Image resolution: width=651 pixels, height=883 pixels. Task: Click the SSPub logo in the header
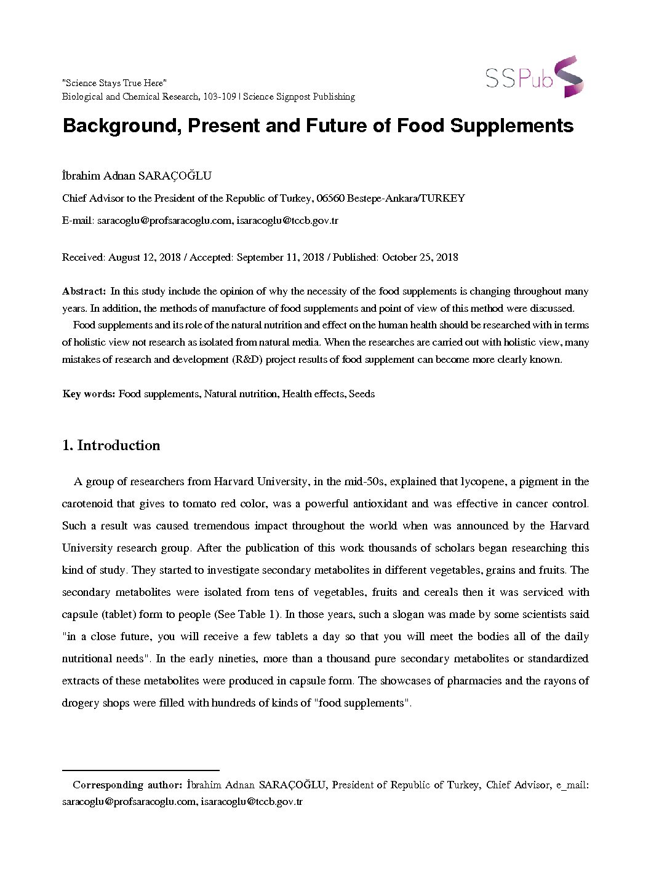533,77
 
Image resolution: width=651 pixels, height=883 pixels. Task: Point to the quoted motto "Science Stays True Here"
114,83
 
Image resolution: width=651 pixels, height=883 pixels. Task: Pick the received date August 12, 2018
144,257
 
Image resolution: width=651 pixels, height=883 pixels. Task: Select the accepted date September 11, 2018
280,257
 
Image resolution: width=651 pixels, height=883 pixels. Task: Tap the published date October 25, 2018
420,257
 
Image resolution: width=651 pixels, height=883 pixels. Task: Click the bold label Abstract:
84,291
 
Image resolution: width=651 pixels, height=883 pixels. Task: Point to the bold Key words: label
89,394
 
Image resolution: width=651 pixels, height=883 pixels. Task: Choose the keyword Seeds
362,394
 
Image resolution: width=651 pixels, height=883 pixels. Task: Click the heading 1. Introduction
111,445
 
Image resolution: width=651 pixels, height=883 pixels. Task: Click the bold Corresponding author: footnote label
127,785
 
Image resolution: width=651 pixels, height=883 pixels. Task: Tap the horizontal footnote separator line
141,770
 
